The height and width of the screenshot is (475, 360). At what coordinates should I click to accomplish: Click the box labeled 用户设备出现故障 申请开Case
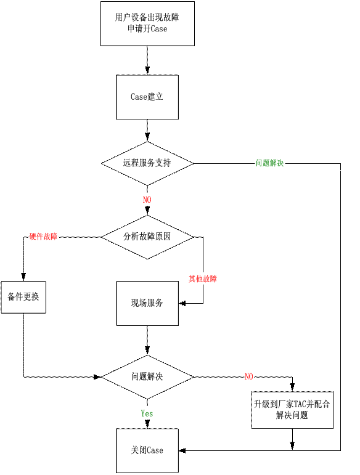pos(147,23)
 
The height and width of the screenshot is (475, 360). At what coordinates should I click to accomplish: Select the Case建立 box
pos(147,97)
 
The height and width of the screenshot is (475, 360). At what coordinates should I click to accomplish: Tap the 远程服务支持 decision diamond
pos(147,164)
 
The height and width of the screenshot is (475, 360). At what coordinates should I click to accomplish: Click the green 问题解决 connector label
pos(270,163)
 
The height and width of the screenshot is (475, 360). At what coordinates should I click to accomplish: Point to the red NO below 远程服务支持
pos(147,200)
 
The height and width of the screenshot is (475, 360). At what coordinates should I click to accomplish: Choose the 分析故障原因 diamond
pos(147,237)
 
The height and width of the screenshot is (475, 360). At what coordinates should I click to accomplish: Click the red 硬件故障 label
pos(43,237)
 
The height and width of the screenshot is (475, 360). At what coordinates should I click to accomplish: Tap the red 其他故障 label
pos(203,278)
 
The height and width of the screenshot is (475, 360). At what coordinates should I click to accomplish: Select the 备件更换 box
pos(23,297)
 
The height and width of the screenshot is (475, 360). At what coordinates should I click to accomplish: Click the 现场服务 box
pos(147,303)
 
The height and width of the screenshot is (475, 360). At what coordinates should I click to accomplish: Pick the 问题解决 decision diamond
pos(147,377)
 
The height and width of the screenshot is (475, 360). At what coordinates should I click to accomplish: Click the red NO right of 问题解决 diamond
pos(249,376)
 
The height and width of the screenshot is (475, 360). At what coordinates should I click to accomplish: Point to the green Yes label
pos(147,413)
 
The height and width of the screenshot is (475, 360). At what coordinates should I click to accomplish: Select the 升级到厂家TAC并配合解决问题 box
pos(292,410)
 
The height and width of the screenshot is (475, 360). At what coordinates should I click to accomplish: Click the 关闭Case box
pos(147,450)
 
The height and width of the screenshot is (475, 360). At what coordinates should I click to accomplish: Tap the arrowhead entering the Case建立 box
pos(147,71)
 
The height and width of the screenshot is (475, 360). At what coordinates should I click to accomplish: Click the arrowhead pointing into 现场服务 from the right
pos(182,303)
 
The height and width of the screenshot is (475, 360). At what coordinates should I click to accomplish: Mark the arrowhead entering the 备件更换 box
pos(23,277)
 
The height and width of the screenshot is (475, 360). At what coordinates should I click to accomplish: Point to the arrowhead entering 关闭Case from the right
pos(182,450)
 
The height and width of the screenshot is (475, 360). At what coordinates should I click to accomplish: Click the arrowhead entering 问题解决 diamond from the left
pos(97,377)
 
